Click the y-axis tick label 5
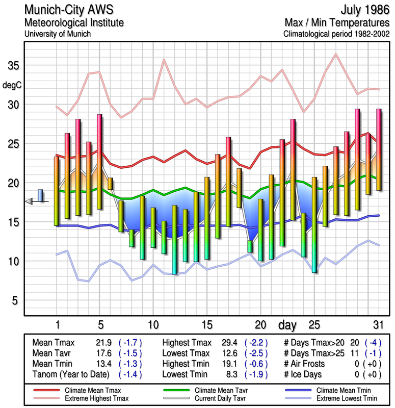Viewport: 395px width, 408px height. coord(15,300)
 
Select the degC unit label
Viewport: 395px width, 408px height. coord(12,85)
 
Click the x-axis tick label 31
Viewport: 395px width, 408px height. coord(378,325)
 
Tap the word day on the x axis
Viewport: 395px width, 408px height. coord(288,325)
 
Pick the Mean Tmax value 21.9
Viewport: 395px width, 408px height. coord(104,343)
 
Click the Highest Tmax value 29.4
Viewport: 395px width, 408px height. coord(231,343)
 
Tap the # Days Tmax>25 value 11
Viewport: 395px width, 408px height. coord(354,353)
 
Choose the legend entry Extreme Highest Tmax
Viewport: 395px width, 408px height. coord(97,398)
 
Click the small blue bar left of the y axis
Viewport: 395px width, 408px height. coord(40,196)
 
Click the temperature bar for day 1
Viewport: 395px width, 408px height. coord(57,191)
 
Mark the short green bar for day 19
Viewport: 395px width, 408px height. coord(250,246)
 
